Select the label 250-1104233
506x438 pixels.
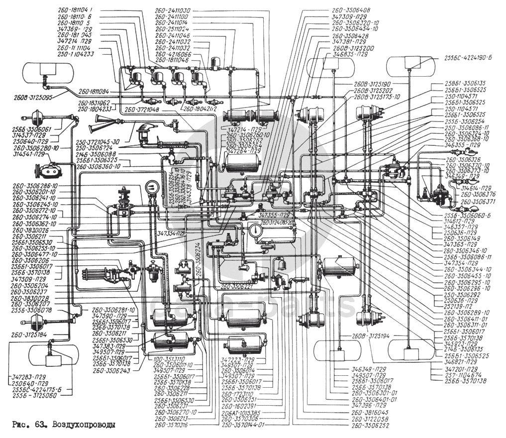pos(80,53)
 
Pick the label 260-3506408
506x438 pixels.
pos(351,9)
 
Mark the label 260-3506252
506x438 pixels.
pos(370,426)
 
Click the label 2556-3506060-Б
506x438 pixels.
pos(467,216)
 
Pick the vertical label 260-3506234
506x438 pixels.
pos(198,259)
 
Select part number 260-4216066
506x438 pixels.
pos(173,53)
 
